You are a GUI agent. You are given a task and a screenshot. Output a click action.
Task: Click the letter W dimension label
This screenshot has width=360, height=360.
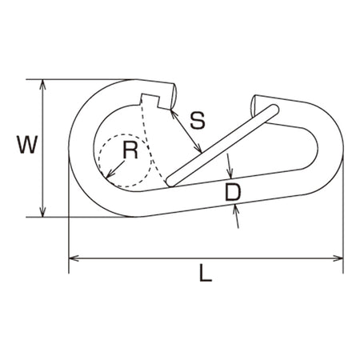point(27,144)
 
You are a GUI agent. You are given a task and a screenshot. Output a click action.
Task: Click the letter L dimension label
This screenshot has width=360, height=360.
point(206,273)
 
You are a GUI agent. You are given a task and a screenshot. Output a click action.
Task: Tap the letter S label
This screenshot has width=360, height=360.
point(198,121)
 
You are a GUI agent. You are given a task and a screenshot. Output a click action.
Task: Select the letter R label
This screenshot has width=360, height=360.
point(130,150)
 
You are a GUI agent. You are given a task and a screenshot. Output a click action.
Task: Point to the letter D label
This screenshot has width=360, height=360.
point(233,192)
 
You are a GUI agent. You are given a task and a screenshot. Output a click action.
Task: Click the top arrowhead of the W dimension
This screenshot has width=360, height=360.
point(42,84)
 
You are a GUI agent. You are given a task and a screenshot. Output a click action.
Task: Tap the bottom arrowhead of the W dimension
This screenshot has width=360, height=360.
point(42,212)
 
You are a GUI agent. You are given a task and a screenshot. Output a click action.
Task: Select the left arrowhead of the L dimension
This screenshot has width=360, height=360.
point(74,258)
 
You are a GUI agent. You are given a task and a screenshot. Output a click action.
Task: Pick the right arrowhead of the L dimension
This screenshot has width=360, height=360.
point(338,258)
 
